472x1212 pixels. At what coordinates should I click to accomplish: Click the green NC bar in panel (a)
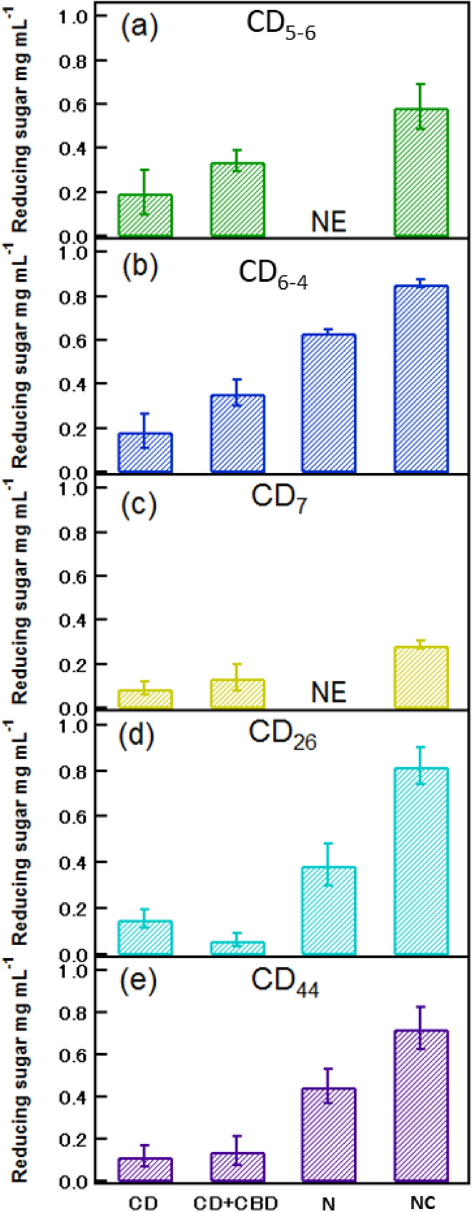click(x=421, y=172)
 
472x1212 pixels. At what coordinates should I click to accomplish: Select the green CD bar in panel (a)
click(x=145, y=215)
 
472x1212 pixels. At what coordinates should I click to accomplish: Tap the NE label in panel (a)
click(x=329, y=222)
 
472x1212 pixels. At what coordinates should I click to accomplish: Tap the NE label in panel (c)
click(x=329, y=693)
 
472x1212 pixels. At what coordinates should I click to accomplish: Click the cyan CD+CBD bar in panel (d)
click(x=237, y=948)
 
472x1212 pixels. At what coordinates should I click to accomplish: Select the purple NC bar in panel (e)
click(x=421, y=1105)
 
